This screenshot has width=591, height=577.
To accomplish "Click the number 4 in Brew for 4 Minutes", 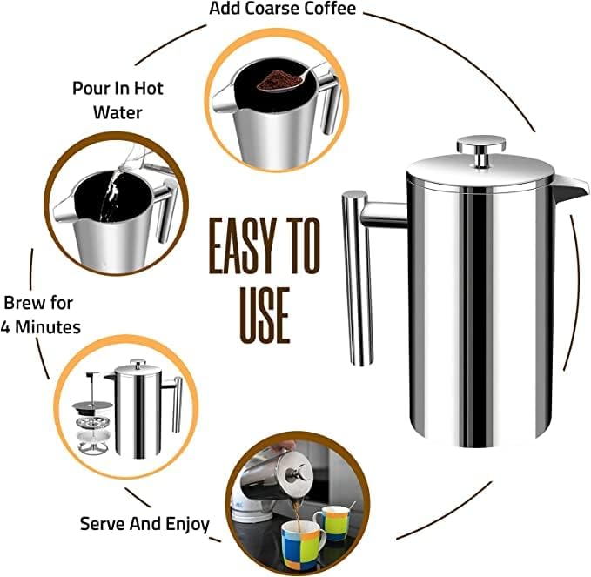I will (9, 327).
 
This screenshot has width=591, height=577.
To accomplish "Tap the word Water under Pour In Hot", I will (118, 112).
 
